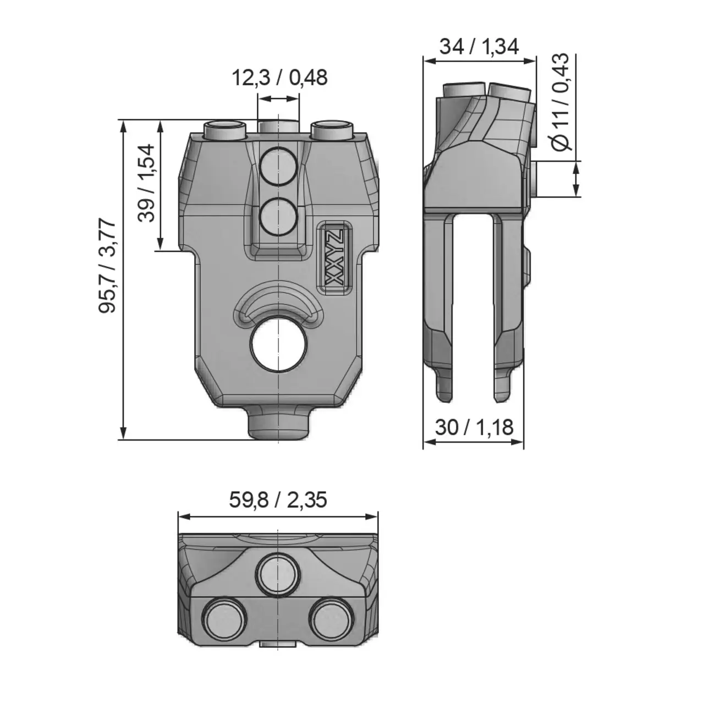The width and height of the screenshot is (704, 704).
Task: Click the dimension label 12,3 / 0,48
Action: tap(279, 78)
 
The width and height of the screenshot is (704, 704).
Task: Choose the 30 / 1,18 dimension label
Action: tap(474, 427)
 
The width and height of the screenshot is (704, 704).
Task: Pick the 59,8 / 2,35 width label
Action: tap(278, 500)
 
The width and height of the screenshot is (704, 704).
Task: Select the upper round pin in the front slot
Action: tap(279, 166)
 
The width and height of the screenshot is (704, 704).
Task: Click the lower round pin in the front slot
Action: tap(279, 216)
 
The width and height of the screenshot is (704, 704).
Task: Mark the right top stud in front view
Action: tap(332, 130)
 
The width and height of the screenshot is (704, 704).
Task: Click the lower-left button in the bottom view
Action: tap(224, 618)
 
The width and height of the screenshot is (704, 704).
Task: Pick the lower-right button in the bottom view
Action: tap(332, 618)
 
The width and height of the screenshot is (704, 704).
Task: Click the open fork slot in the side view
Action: tap(472, 308)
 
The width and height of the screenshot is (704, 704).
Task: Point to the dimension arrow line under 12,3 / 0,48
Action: tap(279, 99)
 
